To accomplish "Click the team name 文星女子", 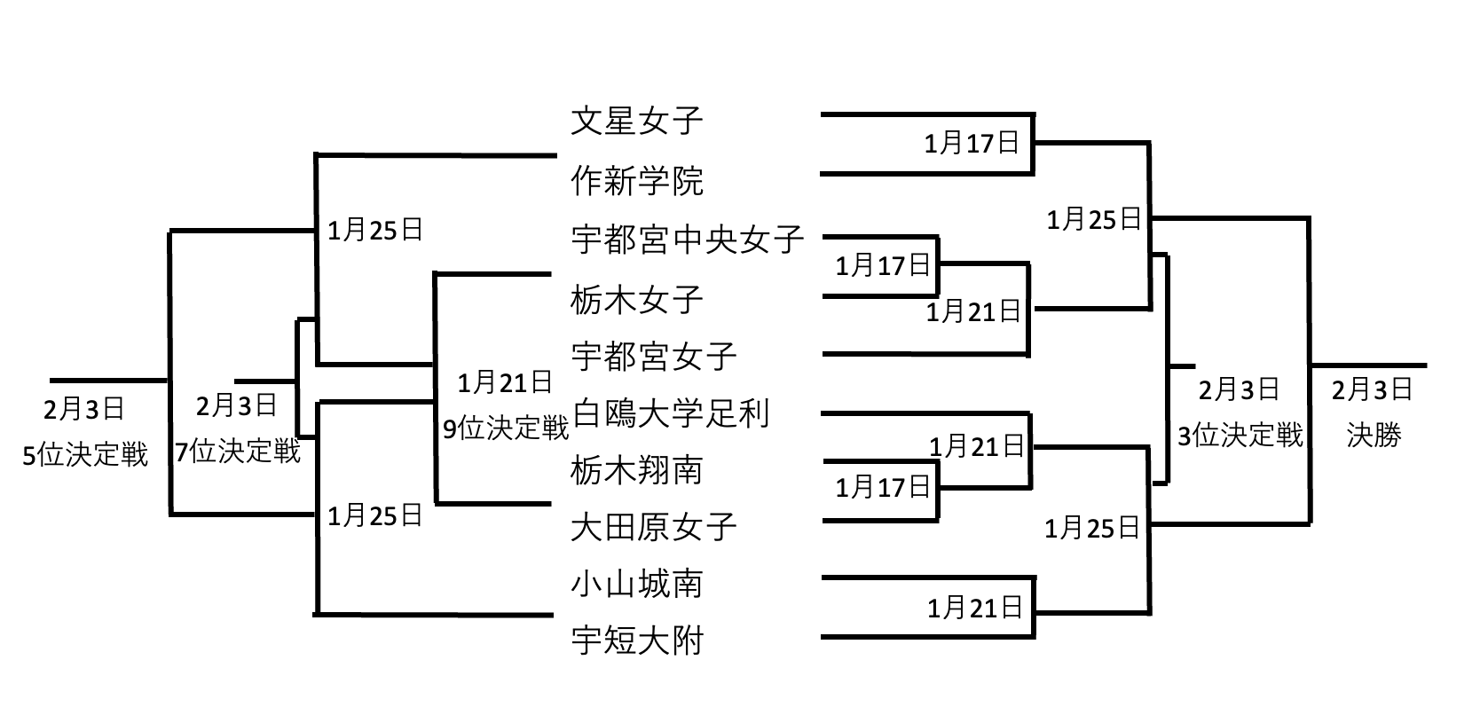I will click(x=636, y=121).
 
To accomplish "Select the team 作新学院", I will click(x=636, y=181).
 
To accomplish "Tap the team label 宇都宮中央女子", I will click(x=687, y=240).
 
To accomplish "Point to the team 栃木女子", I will click(x=636, y=299).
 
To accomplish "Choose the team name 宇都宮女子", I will click(x=653, y=357).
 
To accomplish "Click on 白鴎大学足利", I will click(x=671, y=413).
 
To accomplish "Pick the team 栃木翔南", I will click(x=636, y=470).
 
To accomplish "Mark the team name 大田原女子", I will click(x=653, y=526).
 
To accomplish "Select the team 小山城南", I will click(x=636, y=583).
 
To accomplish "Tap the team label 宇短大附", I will click(x=636, y=640).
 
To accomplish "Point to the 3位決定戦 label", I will click(x=1240, y=435).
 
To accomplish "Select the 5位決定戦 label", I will click(x=85, y=455).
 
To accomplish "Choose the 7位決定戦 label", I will click(x=238, y=452).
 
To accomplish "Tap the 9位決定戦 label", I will click(x=506, y=428).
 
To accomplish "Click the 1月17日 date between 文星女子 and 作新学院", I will click(x=972, y=143).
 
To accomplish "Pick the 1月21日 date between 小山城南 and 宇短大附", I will click(x=974, y=608).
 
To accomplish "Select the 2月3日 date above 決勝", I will click(x=1372, y=389).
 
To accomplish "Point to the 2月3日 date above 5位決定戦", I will click(x=84, y=410).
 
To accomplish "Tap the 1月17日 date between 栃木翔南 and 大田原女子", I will click(x=882, y=486).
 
